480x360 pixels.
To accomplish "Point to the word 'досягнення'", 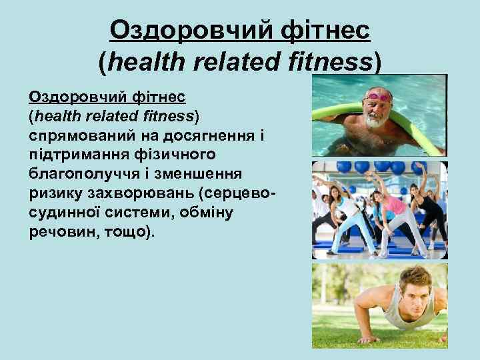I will coord(211,137).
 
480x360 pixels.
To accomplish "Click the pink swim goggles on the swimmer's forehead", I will coord(378,97).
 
